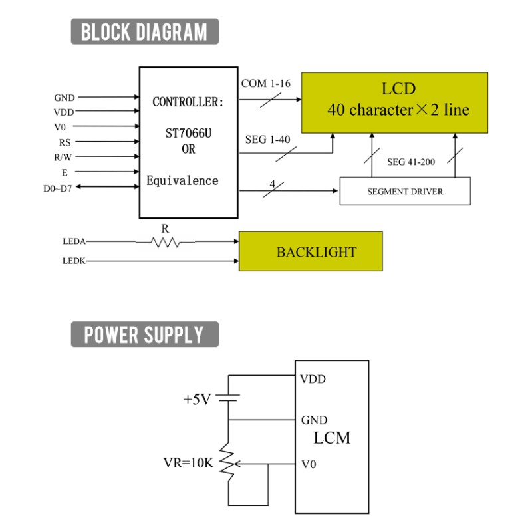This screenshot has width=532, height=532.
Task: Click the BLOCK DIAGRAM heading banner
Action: (144, 31)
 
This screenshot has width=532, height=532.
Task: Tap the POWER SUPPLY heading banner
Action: (144, 334)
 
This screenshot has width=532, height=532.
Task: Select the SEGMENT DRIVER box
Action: (405, 191)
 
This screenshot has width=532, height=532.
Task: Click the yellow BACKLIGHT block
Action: (311, 251)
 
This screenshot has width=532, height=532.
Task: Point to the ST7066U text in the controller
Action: (188, 134)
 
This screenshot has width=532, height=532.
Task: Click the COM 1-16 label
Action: (265, 84)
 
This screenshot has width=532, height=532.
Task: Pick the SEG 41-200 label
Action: (411, 162)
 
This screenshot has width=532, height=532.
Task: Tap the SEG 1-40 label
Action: (268, 140)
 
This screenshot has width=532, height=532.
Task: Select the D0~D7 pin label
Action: (58, 188)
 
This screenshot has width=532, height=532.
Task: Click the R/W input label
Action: (63, 158)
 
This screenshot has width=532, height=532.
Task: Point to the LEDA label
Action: (74, 241)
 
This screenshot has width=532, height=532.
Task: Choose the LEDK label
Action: (74, 261)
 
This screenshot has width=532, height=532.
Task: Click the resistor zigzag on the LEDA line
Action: (165, 242)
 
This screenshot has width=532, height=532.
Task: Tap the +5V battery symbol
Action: (228, 398)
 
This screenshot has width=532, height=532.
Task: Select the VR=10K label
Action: (189, 463)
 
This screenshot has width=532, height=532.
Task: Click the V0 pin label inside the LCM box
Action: (309, 464)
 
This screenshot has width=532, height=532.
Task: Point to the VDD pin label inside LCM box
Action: (313, 379)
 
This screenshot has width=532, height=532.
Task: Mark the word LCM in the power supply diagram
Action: (332, 438)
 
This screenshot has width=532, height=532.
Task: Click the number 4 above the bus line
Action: (273, 184)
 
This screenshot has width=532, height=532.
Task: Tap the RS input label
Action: (65, 142)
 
